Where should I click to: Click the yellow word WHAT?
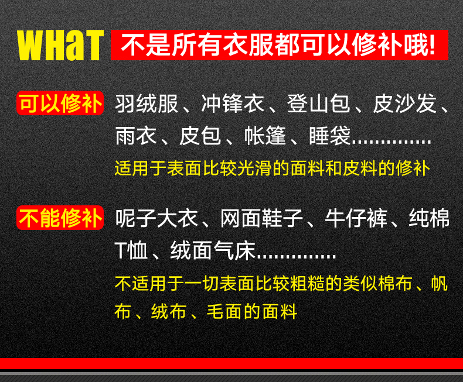pyautogui.click(x=60, y=45)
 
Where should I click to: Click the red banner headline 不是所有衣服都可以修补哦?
pyautogui.click(x=279, y=45)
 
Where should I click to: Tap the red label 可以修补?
pyautogui.click(x=60, y=103)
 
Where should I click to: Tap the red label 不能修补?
pyautogui.click(x=60, y=218)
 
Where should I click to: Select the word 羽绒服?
pyautogui.click(x=147, y=104)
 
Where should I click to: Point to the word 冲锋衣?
pyautogui.click(x=233, y=104)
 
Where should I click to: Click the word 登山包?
pyautogui.click(x=318, y=104)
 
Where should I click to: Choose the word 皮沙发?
pyautogui.click(x=404, y=104)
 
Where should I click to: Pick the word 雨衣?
pyautogui.click(x=136, y=136)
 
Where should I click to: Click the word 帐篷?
pyautogui.click(x=265, y=136)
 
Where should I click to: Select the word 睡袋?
pyautogui.click(x=329, y=136)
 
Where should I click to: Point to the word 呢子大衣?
pyautogui.click(x=157, y=218)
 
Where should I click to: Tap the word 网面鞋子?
pyautogui.click(x=262, y=218)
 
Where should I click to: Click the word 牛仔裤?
pyautogui.click(x=356, y=218)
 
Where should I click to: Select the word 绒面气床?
pyautogui.click(x=213, y=250)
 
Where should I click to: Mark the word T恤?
pyautogui.click(x=131, y=250)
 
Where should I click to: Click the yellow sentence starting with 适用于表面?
pyautogui.click(x=273, y=168)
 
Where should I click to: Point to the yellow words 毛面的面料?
pyautogui.click(x=252, y=311)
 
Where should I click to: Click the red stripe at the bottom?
pyautogui.click(x=231, y=363)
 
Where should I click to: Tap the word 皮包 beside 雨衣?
pyautogui.click(x=200, y=136)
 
